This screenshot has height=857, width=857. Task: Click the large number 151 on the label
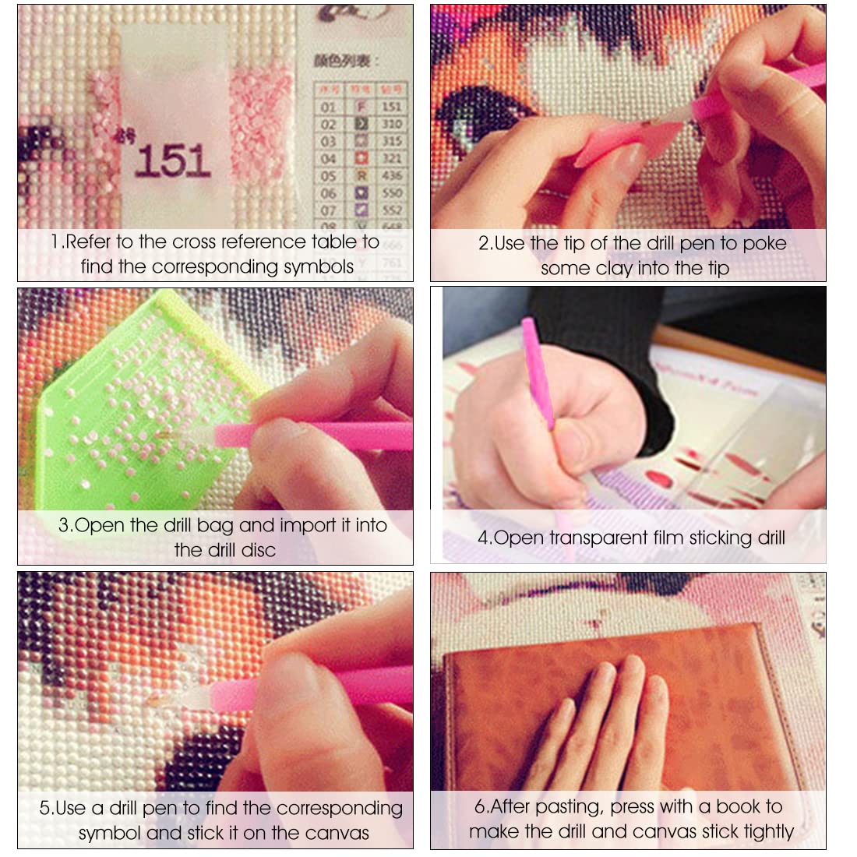pos(172,160)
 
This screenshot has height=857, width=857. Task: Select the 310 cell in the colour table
pos(391,124)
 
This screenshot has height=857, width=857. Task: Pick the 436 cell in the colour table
pos(391,176)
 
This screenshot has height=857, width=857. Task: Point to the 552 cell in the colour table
pos(391,210)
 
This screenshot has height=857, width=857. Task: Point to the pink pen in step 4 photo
pos(539,374)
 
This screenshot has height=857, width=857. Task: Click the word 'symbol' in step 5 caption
pos(110,834)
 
